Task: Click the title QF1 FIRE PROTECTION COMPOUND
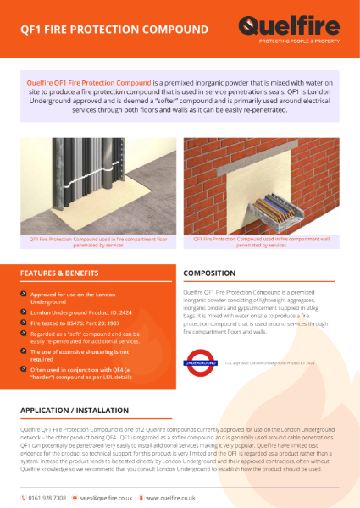(114, 30)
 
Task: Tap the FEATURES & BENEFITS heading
(60, 273)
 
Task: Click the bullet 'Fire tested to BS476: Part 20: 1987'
(76, 323)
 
